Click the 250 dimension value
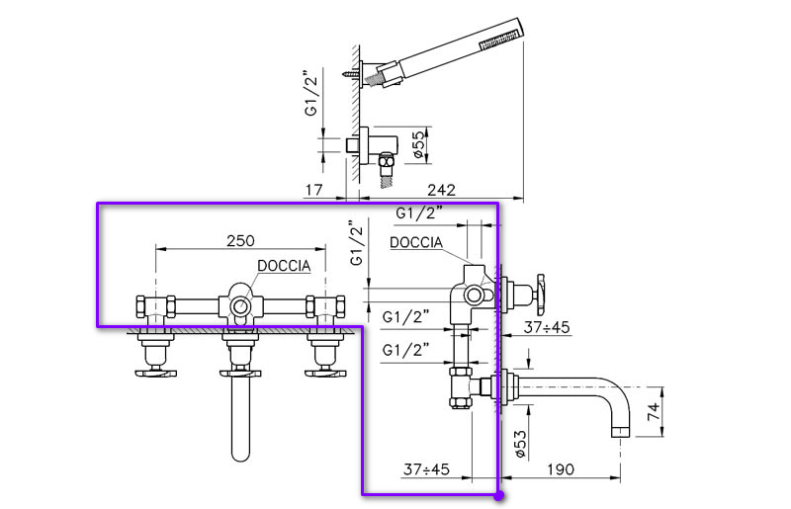(240, 240)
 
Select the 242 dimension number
(442, 190)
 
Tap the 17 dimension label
(312, 190)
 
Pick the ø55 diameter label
(417, 142)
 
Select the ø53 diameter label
(519, 439)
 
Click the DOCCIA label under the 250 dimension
(285, 266)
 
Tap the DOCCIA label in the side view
(415, 243)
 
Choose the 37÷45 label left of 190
(426, 469)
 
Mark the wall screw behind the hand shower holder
(353, 72)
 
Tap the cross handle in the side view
(540, 292)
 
